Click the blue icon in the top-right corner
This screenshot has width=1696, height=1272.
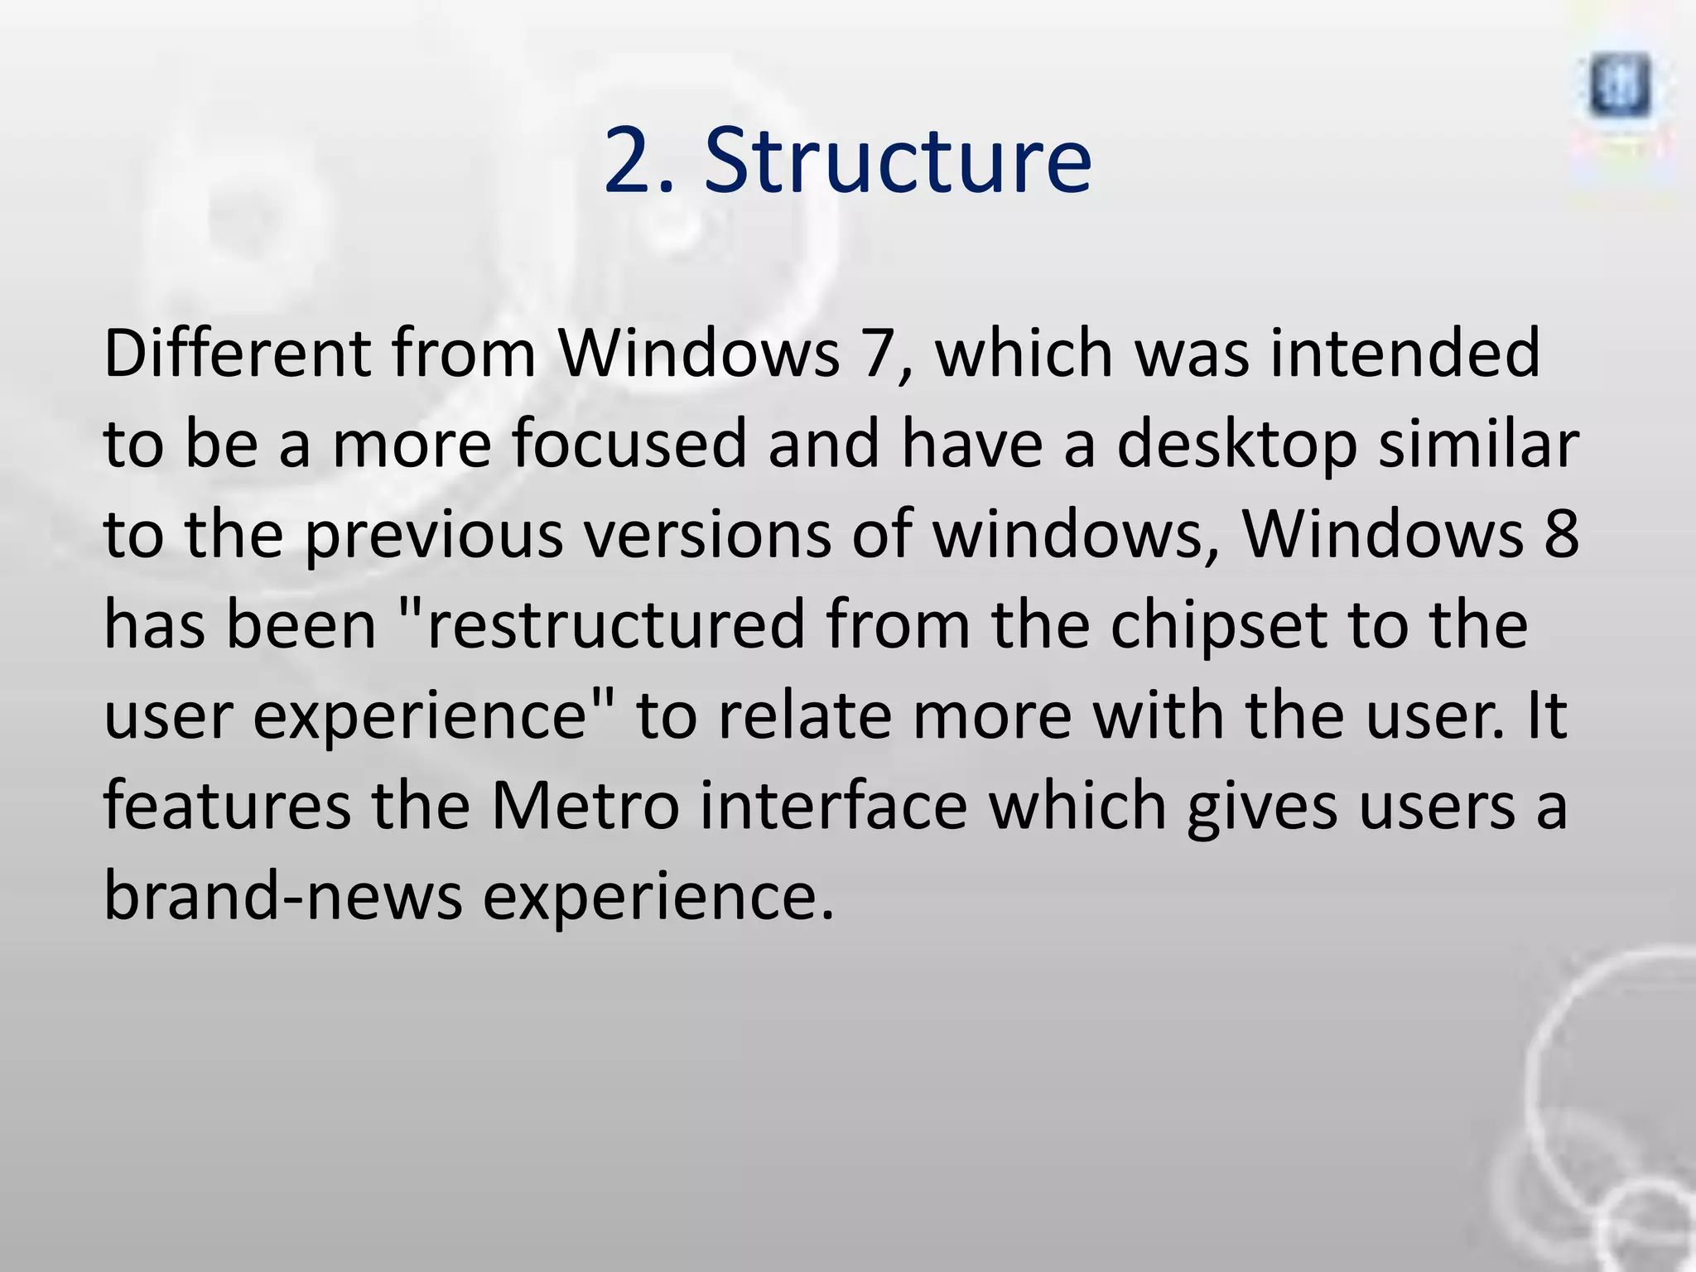(1620, 87)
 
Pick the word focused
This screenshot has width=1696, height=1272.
(629, 444)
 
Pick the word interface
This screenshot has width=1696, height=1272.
(833, 807)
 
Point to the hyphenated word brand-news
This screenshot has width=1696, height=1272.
(282, 897)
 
